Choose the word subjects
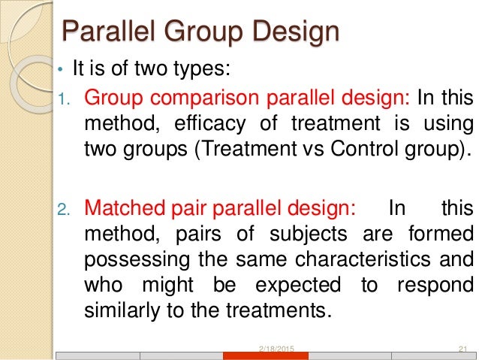coord(286,234)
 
